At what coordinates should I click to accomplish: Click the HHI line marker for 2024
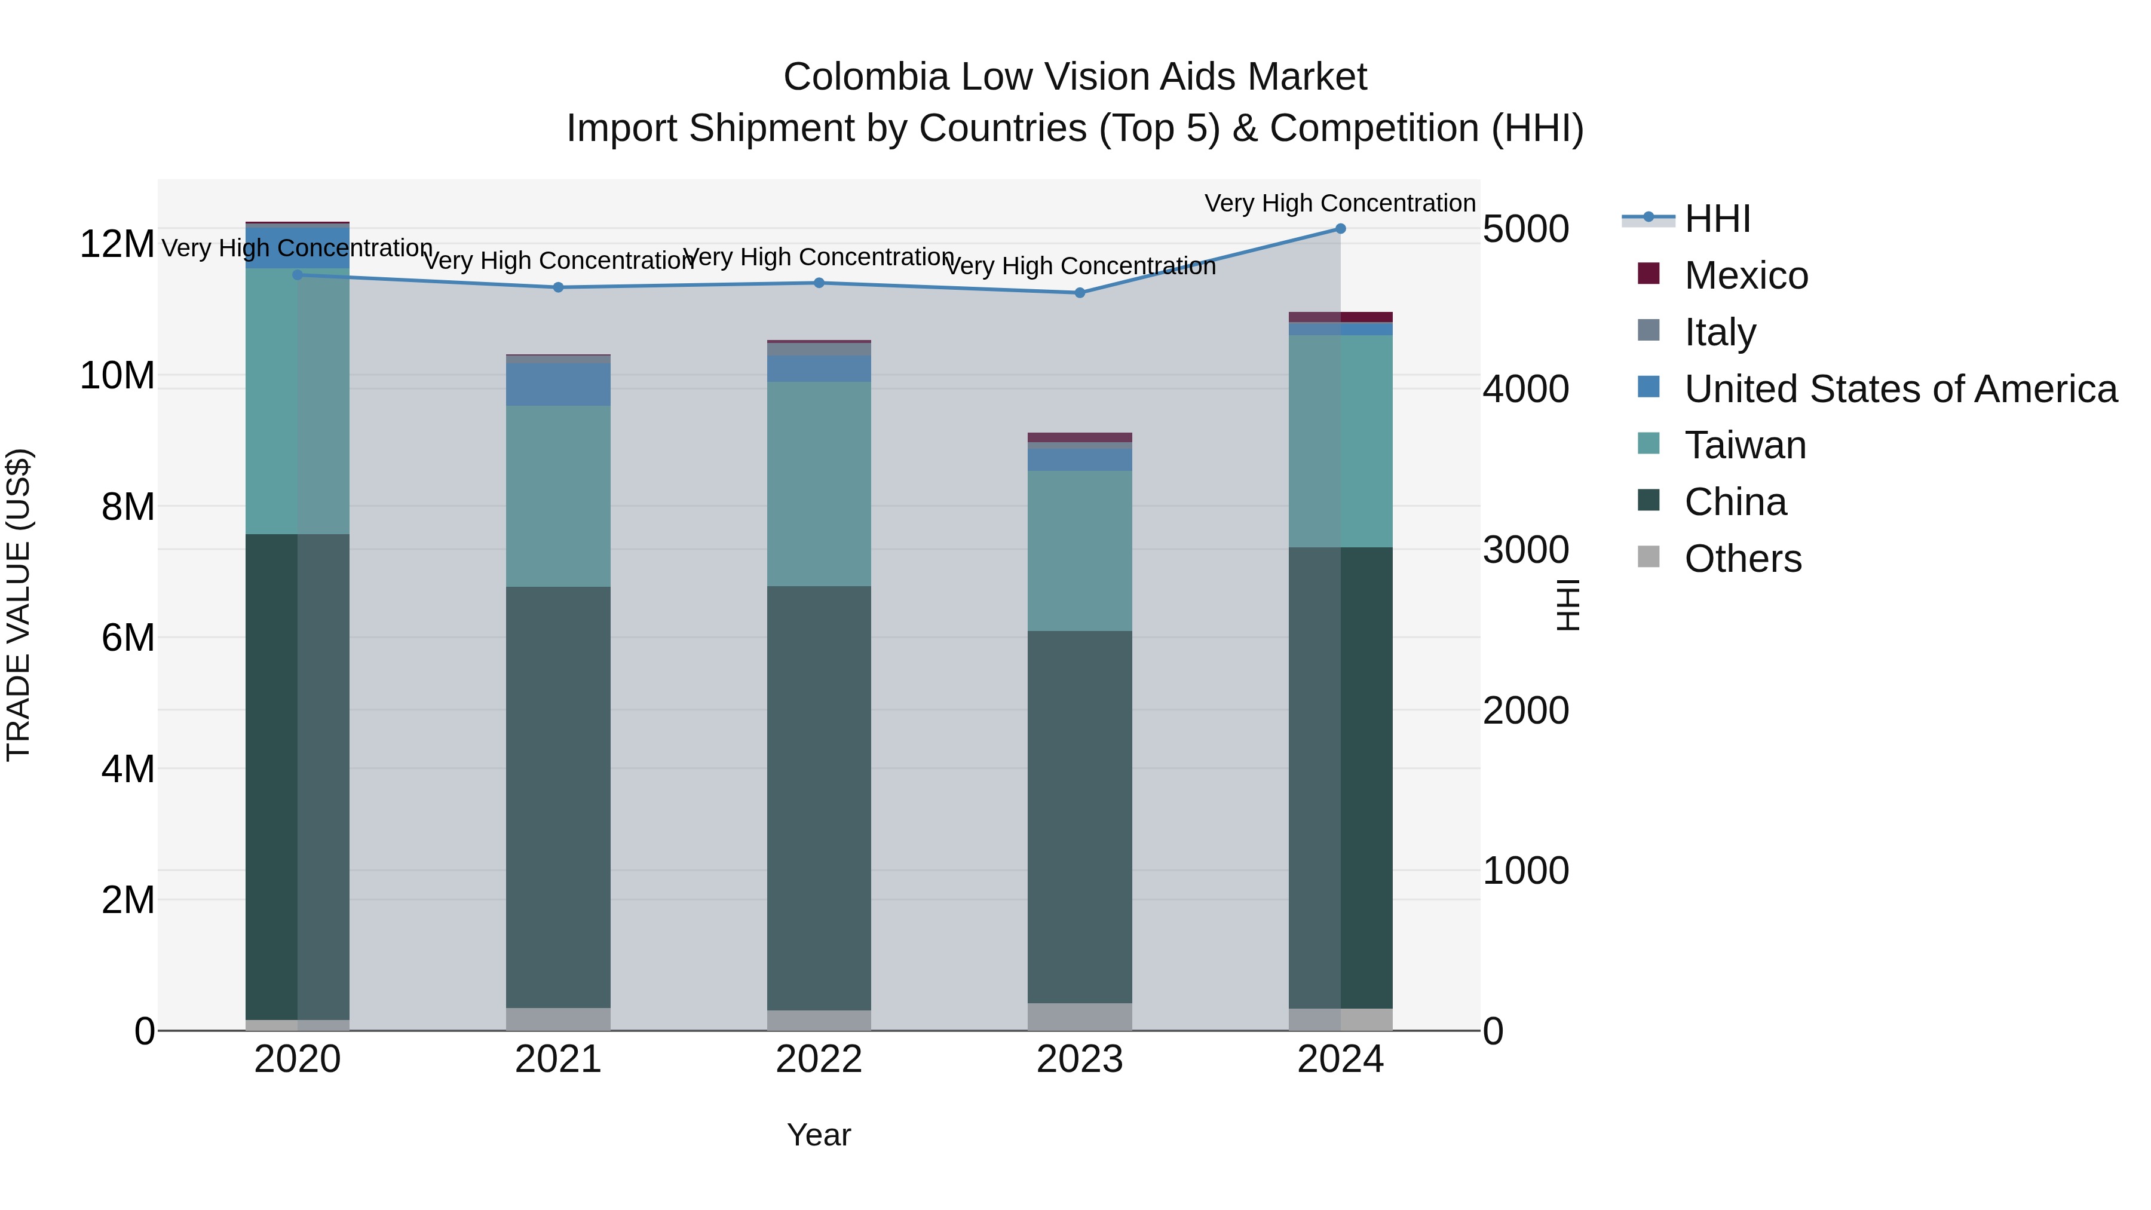[x=1340, y=229]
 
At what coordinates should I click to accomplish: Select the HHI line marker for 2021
[x=559, y=287]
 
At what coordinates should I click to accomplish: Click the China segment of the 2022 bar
[x=819, y=798]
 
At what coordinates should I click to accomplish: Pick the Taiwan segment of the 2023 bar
[x=1080, y=550]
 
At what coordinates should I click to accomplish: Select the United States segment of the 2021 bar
[x=559, y=384]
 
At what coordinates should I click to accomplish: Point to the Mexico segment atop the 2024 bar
[x=1340, y=317]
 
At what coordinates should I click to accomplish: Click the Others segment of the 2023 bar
[x=1080, y=1016]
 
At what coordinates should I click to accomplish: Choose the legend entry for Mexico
[x=1745, y=275]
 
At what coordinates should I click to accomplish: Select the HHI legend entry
[x=1717, y=219]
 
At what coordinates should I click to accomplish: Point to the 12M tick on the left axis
[x=117, y=244]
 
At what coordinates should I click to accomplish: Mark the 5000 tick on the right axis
[x=1525, y=229]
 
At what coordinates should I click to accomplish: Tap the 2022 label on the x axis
[x=819, y=1059]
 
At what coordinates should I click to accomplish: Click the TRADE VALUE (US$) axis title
[x=19, y=605]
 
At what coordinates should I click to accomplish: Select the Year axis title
[x=819, y=1135]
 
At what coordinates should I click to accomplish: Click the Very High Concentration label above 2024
[x=1340, y=203]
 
